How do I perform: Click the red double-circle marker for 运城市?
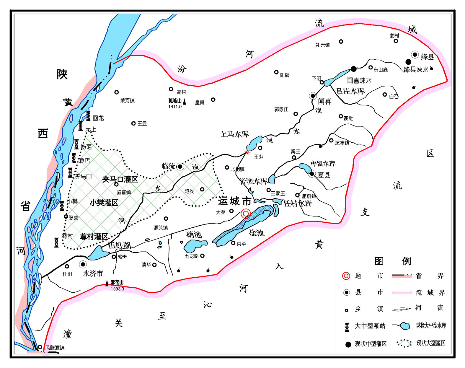point(246,213)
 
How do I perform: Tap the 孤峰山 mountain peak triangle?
point(185,102)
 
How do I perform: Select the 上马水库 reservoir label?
point(235,134)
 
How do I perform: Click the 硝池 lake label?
point(194,235)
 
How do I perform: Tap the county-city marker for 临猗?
point(180,167)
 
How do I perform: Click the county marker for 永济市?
point(83,264)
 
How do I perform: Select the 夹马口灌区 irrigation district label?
point(120,179)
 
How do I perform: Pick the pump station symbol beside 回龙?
point(88,116)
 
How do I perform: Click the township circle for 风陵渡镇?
point(40,347)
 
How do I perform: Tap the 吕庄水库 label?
point(350,91)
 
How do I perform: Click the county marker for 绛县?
point(415,55)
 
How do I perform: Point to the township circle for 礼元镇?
point(341,42)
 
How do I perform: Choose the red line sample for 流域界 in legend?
point(402,292)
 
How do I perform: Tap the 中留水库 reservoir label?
point(323,163)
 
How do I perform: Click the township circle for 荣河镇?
point(117,92)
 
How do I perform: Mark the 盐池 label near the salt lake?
point(256,233)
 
